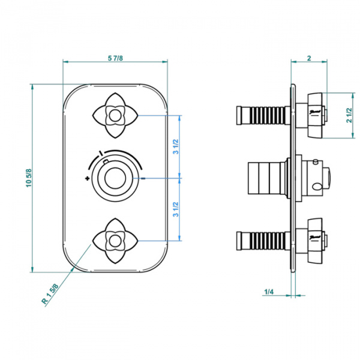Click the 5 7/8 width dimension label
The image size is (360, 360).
(x=115, y=58)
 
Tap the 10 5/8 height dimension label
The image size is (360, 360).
(x=29, y=178)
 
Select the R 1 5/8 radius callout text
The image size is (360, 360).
(x=50, y=294)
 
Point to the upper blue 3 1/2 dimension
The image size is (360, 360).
(x=176, y=146)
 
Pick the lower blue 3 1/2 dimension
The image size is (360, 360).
(x=176, y=209)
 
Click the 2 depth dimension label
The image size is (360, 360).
(x=309, y=58)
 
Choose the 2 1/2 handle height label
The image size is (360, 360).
(x=349, y=115)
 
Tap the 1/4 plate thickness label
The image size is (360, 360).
(x=269, y=292)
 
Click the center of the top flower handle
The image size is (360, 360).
(x=115, y=115)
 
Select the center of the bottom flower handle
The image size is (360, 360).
(x=115, y=241)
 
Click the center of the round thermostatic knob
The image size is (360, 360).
(x=115, y=178)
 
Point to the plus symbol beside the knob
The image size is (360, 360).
(x=87, y=178)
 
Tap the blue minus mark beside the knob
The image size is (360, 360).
(x=143, y=178)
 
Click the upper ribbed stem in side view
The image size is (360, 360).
(x=263, y=115)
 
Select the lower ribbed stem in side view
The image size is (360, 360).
(x=263, y=241)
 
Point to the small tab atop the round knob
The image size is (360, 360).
(x=106, y=161)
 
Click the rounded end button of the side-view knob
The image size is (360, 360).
(x=327, y=178)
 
